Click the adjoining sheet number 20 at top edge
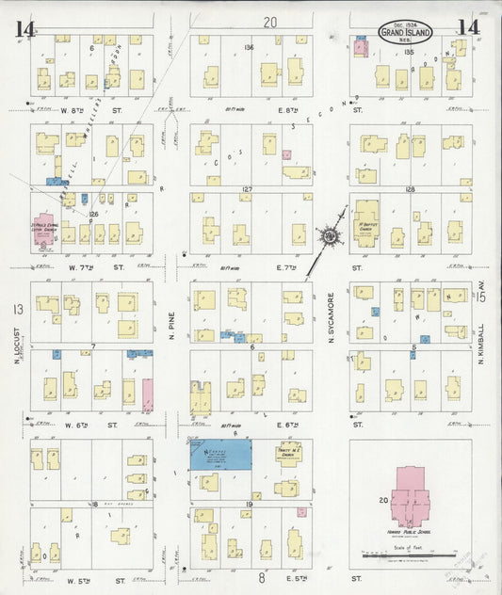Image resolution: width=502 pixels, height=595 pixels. coord(271,23)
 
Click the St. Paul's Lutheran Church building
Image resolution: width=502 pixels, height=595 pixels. coord(44,233)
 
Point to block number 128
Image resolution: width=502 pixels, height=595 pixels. coord(411,189)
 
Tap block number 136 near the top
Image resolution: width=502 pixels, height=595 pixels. coord(249,47)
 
